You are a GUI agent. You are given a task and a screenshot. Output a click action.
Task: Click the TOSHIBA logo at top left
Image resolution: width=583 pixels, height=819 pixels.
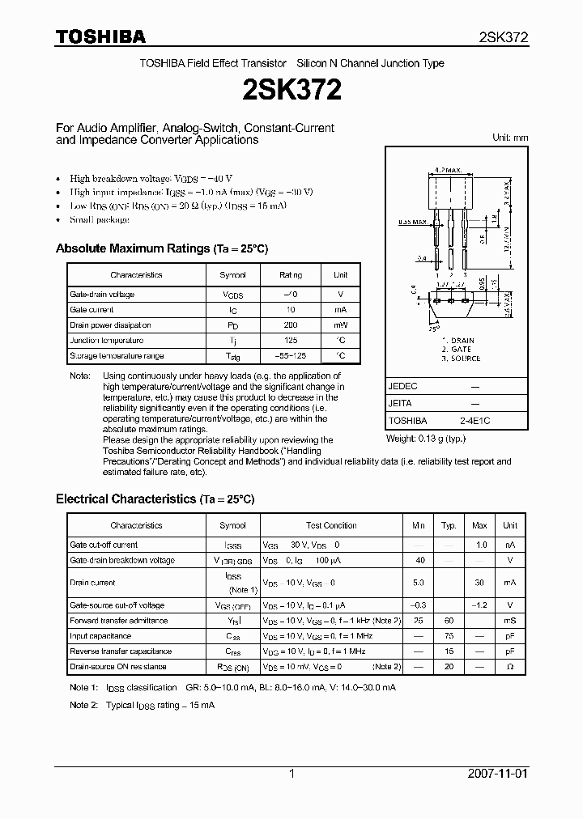click(x=100, y=36)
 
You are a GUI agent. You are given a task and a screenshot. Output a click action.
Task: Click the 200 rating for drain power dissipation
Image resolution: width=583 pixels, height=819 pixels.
click(x=290, y=325)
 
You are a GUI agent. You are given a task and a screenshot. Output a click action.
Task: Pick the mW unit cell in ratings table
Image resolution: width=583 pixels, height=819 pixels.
click(x=341, y=325)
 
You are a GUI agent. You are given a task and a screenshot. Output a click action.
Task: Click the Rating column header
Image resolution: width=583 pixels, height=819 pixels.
click(x=290, y=275)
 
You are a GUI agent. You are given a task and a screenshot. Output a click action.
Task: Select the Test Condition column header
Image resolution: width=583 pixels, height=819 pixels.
click(x=331, y=526)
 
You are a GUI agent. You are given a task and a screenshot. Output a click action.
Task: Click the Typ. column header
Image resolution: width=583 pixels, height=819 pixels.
click(x=449, y=526)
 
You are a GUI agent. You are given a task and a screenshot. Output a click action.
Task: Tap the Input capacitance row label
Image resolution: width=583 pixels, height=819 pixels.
click(x=101, y=636)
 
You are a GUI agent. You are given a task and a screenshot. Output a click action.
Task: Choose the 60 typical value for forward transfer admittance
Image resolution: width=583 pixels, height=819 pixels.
click(x=449, y=621)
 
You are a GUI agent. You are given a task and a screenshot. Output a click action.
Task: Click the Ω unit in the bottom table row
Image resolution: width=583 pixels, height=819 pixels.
click(x=510, y=667)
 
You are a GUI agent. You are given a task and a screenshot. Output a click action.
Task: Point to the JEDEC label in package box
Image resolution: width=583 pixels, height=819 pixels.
click(x=402, y=387)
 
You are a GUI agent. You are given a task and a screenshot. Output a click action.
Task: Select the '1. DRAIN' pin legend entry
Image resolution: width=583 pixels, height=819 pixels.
click(x=457, y=341)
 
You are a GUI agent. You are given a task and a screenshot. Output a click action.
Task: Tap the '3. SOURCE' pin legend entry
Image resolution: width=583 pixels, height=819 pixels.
click(x=461, y=359)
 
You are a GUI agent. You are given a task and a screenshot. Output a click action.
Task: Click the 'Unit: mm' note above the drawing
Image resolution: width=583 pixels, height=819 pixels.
click(x=510, y=138)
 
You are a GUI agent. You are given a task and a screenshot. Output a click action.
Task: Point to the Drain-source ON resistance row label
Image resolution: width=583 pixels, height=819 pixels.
click(x=118, y=667)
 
